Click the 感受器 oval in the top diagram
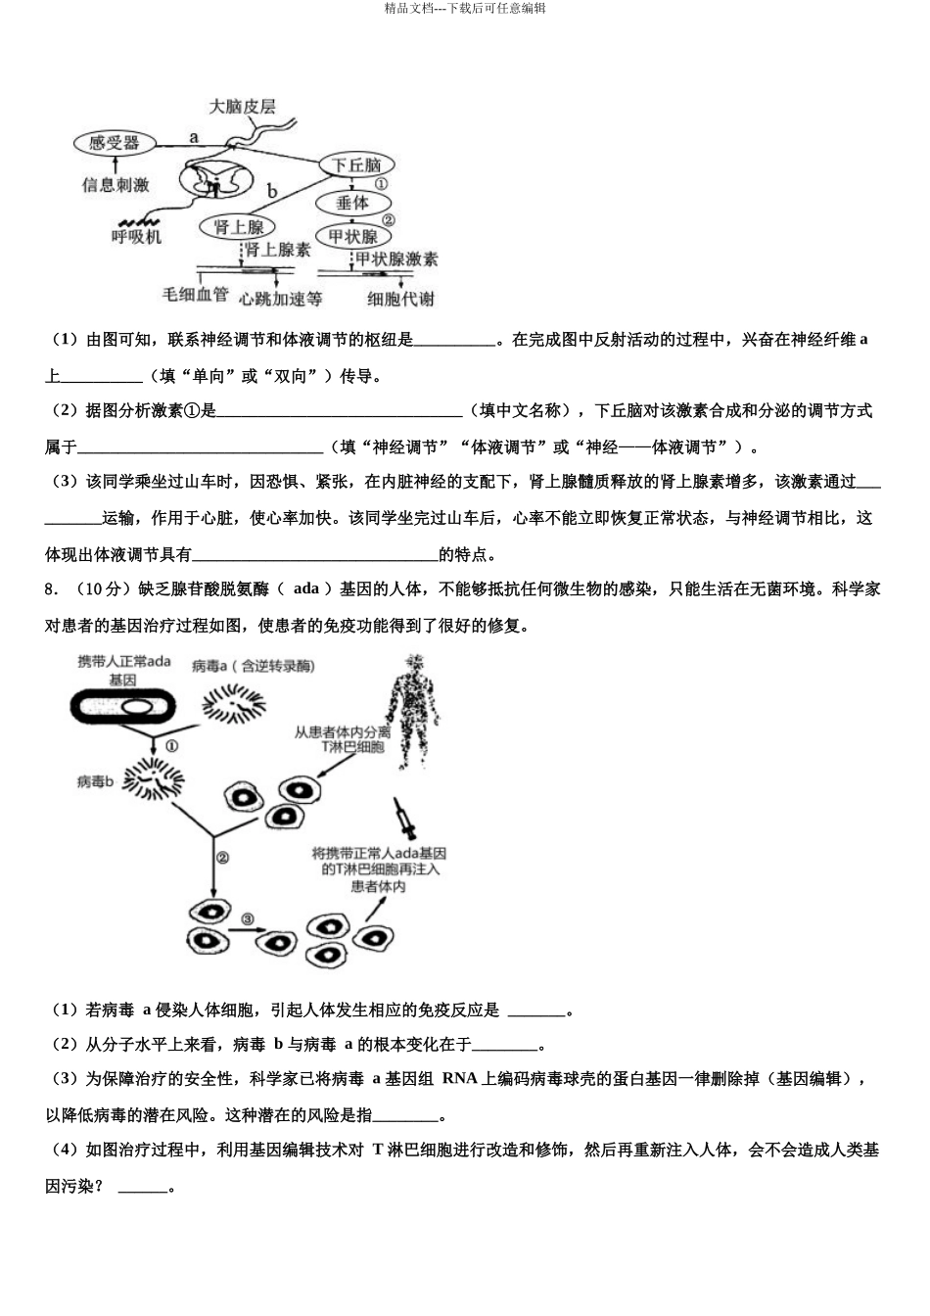(x=114, y=143)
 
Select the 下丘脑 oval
(x=356, y=165)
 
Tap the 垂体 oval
(x=351, y=203)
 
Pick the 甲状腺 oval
(x=352, y=236)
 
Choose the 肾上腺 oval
(x=238, y=227)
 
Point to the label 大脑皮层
(x=242, y=106)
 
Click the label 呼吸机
(x=136, y=236)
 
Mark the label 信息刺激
(x=116, y=184)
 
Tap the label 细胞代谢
(x=400, y=299)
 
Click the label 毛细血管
(x=195, y=294)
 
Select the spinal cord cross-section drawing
(x=214, y=182)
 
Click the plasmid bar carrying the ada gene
(x=123, y=707)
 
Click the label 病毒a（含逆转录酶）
(x=253, y=666)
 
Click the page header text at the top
(x=465, y=8)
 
